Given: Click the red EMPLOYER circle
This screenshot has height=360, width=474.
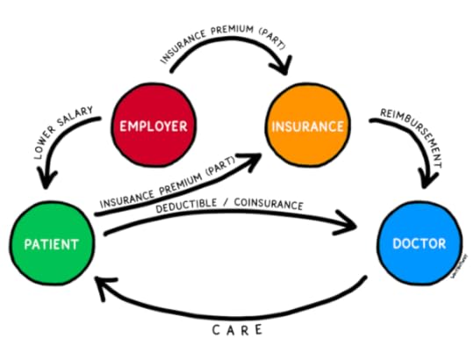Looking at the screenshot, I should coord(154,126).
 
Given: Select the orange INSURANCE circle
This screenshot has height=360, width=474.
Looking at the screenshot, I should coord(307,126).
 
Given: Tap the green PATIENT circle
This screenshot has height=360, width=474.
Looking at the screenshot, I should coord(53,244).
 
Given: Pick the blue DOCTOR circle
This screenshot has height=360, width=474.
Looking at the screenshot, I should coord(418,244).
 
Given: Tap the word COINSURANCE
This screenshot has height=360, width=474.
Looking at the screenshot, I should coord(269,205).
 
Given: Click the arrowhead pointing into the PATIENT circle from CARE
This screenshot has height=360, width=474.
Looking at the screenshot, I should coord(102,283).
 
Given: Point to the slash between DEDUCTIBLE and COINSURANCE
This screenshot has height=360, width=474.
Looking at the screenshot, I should coord(233,209).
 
